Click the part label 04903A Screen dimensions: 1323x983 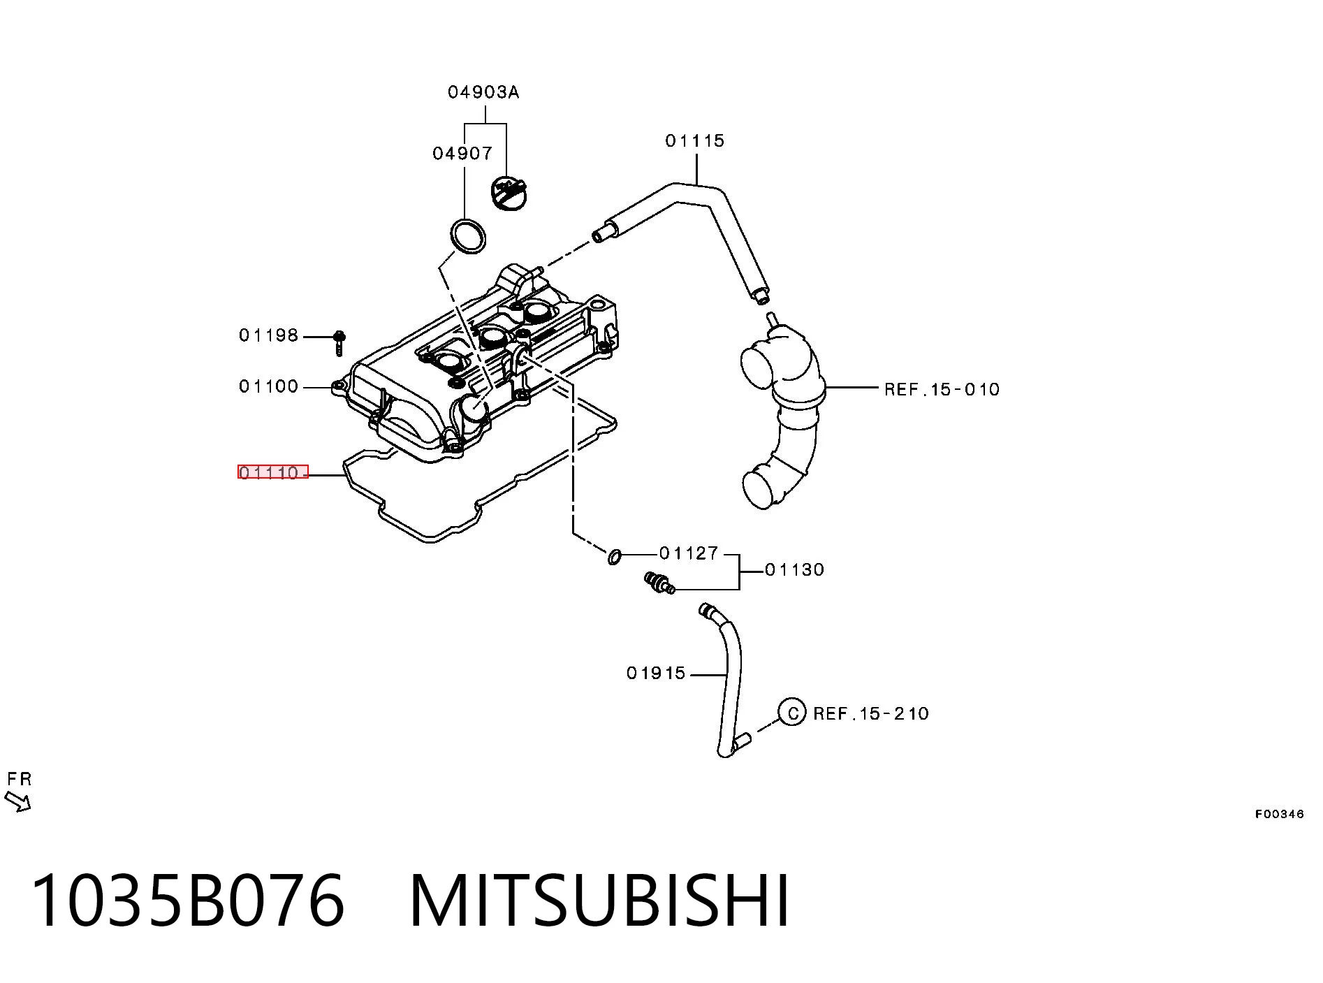[x=483, y=92]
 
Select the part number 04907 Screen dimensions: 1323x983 [x=462, y=153]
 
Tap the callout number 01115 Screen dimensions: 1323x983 [x=695, y=141]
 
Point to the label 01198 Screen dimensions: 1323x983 [x=269, y=335]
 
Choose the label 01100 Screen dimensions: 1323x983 [x=269, y=386]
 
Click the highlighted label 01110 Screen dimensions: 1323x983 [x=272, y=472]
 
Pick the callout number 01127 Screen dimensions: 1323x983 [x=689, y=553]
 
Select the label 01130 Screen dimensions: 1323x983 [x=795, y=570]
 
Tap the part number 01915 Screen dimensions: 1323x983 [x=657, y=673]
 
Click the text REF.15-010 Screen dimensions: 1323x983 [x=942, y=389]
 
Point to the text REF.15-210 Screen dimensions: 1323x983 [x=871, y=713]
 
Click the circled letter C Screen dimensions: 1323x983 [x=792, y=713]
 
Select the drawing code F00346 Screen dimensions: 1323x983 [x=1280, y=814]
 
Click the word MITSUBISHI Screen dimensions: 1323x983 [x=600, y=901]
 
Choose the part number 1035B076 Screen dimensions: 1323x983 [x=188, y=901]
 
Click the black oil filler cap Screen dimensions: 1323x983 [x=508, y=193]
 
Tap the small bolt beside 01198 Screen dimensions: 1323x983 [x=339, y=343]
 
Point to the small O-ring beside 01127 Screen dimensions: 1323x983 [x=615, y=557]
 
